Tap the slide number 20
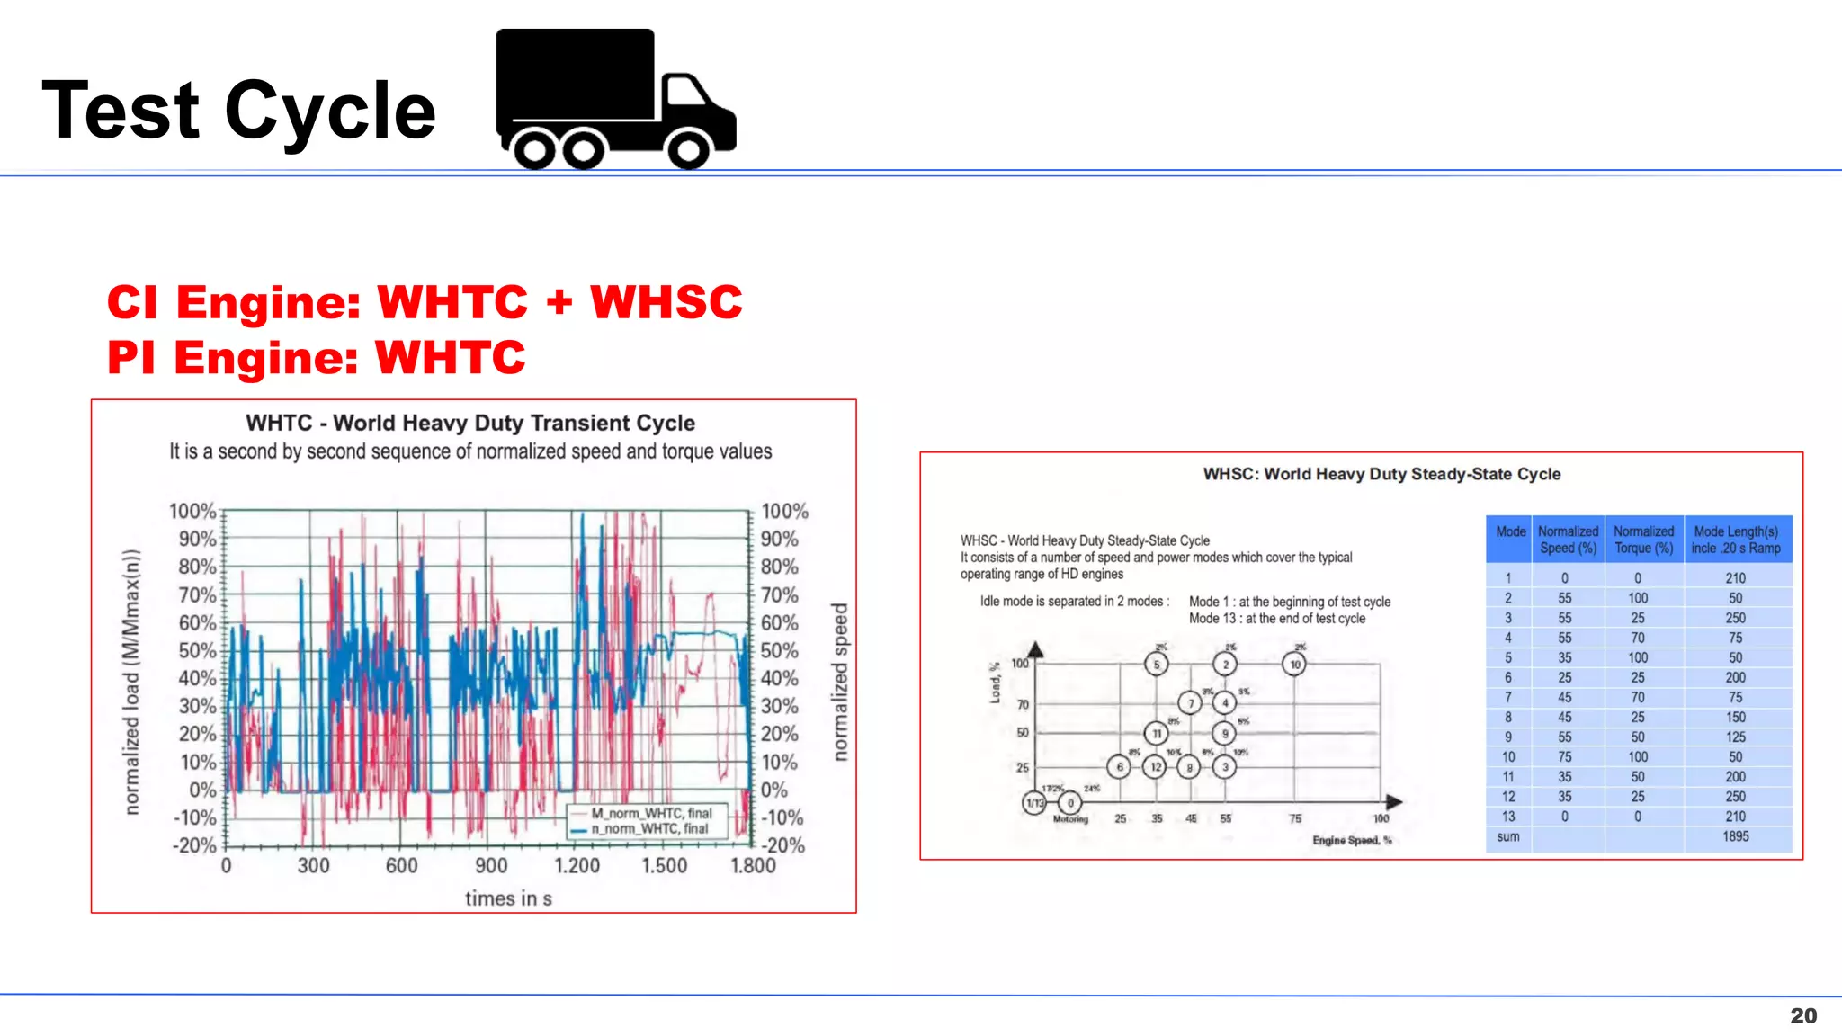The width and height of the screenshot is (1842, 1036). click(x=1802, y=1015)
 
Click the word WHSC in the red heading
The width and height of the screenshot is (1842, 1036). click(x=666, y=302)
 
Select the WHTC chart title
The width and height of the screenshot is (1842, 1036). click(x=470, y=423)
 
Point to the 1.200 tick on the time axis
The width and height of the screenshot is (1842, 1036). click(x=577, y=865)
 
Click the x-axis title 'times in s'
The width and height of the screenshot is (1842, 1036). click(x=508, y=898)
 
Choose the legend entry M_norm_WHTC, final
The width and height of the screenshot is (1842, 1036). click(x=651, y=813)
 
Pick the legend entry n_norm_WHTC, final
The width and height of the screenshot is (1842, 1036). click(x=649, y=828)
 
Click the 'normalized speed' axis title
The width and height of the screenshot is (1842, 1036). click(x=839, y=682)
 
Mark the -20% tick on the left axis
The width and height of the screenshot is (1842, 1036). click(x=194, y=845)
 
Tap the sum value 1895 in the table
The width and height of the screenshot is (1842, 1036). click(x=1735, y=836)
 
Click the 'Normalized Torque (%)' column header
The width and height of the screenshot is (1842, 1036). click(x=1643, y=540)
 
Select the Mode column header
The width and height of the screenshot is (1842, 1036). click(x=1510, y=531)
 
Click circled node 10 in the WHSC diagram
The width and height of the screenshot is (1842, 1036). click(x=1294, y=665)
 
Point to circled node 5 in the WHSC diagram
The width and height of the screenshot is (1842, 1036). click(x=1157, y=665)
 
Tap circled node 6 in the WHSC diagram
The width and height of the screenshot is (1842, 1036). click(x=1119, y=767)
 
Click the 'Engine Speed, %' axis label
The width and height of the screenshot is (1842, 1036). click(x=1352, y=840)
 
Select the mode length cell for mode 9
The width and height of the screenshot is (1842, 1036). click(x=1735, y=737)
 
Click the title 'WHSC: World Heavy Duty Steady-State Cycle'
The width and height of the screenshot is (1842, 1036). click(x=1381, y=474)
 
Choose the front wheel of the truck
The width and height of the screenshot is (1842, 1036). click(x=689, y=149)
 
